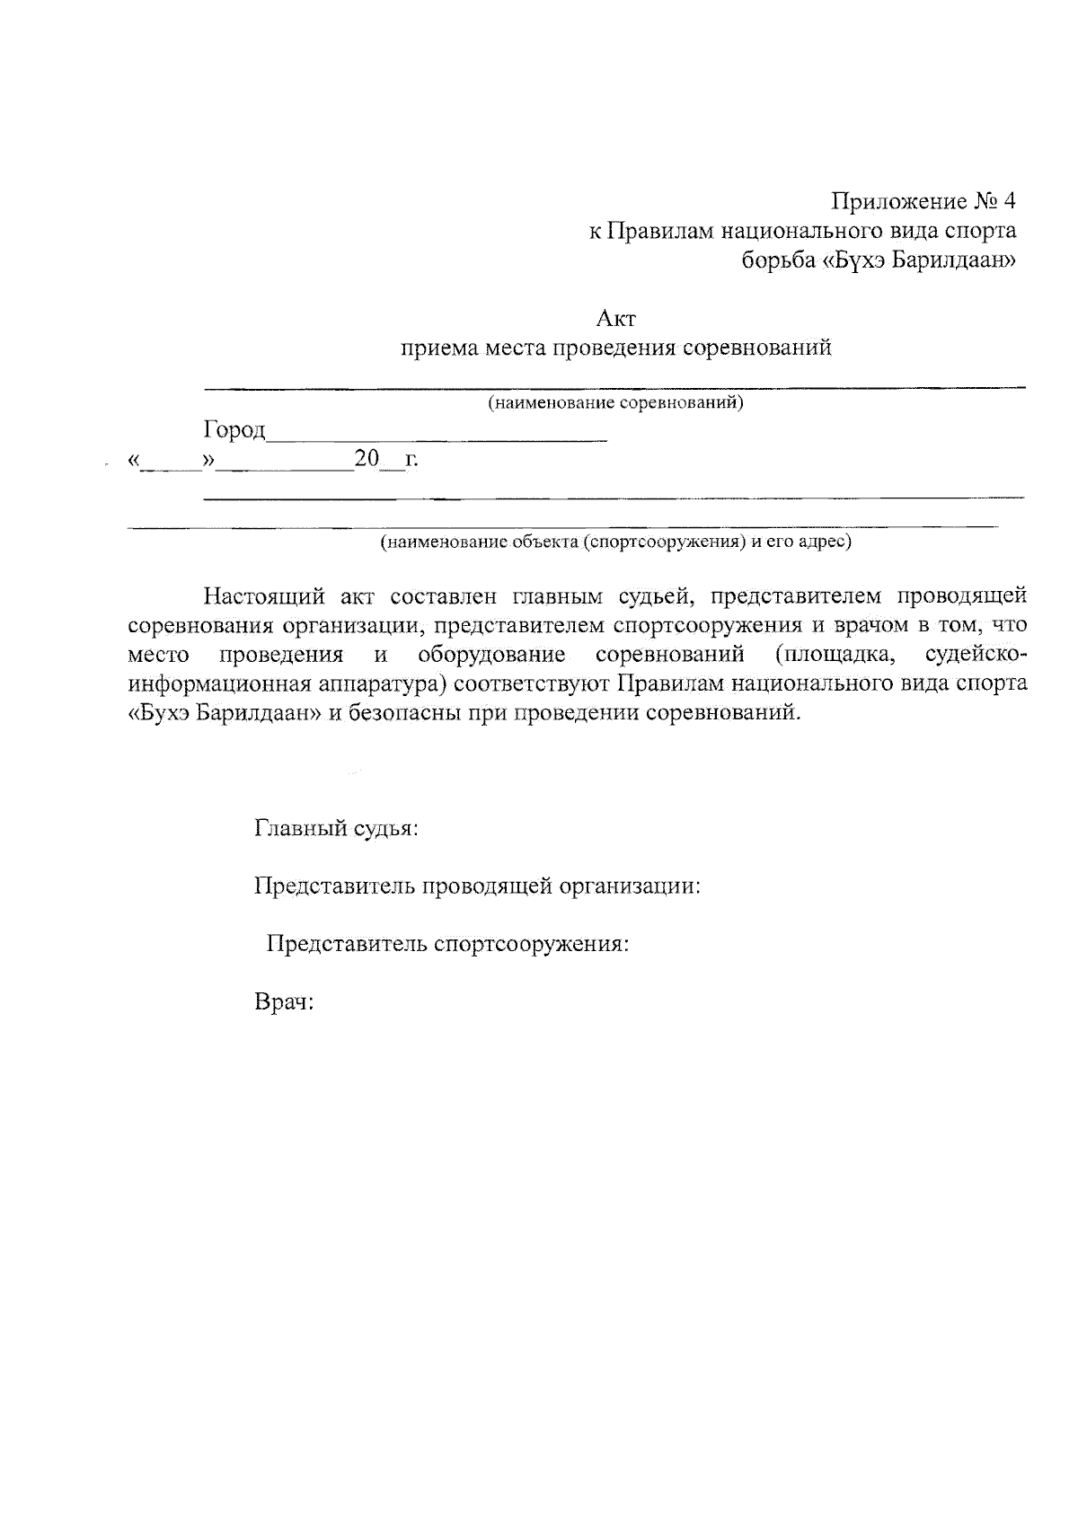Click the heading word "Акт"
pos(616,318)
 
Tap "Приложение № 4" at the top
pos(923,199)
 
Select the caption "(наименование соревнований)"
pos(615,402)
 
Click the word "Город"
pos(234,431)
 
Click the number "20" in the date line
pos(368,459)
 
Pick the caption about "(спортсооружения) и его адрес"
pos(615,542)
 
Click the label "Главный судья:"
pos(337,828)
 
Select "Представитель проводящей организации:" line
pos(477,887)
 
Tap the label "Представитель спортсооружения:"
pos(446,945)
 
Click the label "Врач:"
pos(284,1003)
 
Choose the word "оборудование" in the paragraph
pos(491,654)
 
